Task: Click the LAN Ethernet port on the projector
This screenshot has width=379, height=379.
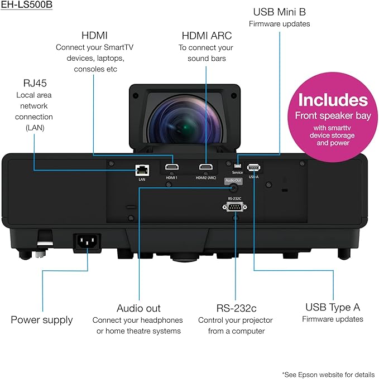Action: tap(142, 170)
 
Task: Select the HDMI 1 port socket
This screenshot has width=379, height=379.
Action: tap(172, 167)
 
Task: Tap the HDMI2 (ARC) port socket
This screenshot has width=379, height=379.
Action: tap(206, 167)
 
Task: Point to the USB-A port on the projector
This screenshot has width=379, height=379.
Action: tap(253, 167)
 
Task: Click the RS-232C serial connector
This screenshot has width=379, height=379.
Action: tap(234, 207)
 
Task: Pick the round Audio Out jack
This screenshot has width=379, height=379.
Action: tap(233, 188)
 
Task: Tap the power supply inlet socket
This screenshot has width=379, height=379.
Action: tap(87, 242)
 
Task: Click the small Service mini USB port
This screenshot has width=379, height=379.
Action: tap(238, 166)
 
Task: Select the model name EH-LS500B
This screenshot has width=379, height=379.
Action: tap(27, 5)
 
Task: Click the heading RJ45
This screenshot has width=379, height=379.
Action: tap(35, 83)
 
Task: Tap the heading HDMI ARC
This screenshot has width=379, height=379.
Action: tap(207, 36)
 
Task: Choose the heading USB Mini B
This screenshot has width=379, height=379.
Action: tap(280, 12)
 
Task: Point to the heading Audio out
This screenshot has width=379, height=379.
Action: tap(138, 308)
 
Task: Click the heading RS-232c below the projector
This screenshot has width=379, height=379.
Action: tap(236, 308)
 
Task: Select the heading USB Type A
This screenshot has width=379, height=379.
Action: tap(333, 307)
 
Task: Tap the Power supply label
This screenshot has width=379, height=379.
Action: tap(42, 320)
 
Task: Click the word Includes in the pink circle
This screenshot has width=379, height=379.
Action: tap(333, 100)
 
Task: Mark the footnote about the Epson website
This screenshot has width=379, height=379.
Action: tap(328, 375)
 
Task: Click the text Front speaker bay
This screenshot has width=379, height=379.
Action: tap(333, 116)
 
